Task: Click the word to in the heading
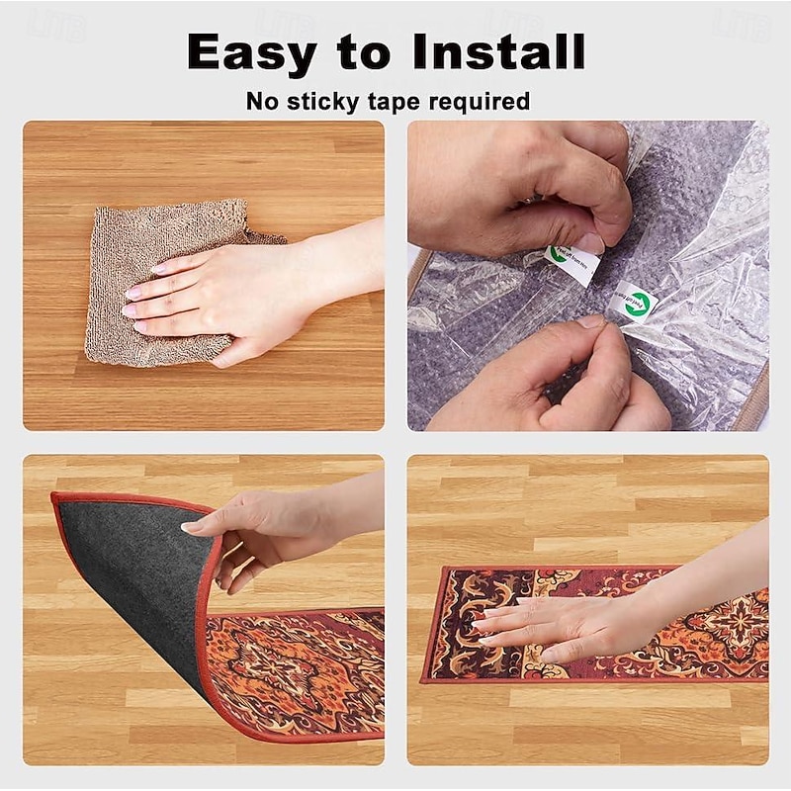363,51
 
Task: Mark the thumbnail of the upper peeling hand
590,242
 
